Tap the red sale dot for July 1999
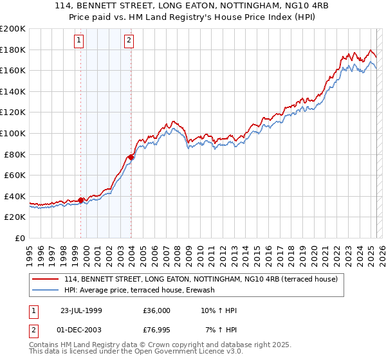81,200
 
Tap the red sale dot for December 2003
131,157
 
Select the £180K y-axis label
14,50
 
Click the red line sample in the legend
45,279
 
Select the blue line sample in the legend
45,291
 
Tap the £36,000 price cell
156,310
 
